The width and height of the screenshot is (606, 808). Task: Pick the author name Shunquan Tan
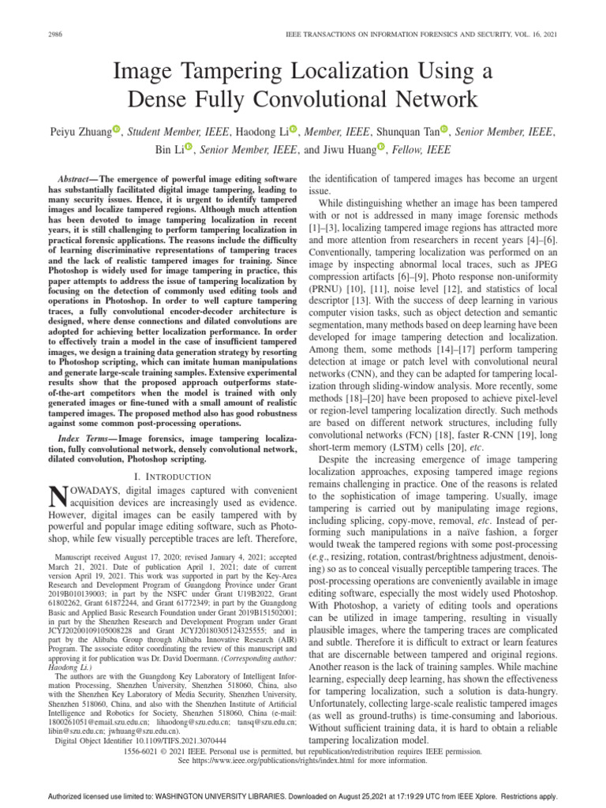click(399, 130)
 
